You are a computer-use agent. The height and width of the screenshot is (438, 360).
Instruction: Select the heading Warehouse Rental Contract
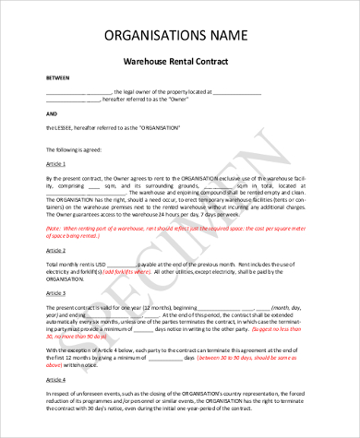pos(178,61)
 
